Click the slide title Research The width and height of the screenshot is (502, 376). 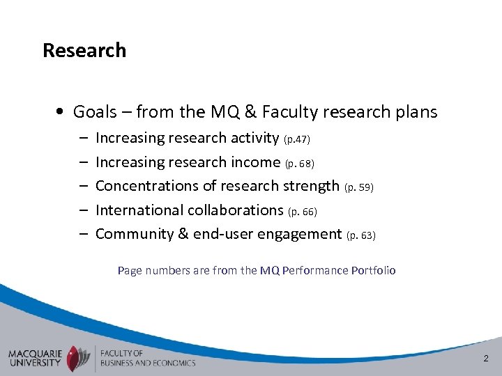[x=84, y=51]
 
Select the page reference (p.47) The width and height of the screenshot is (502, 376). [x=296, y=139]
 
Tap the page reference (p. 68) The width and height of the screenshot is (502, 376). [x=300, y=164]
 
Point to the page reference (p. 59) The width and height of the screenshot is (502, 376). [x=360, y=187]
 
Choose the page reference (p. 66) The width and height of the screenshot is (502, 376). [x=303, y=211]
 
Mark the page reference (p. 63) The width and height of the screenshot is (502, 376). [x=361, y=235]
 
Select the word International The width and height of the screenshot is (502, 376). [x=138, y=210]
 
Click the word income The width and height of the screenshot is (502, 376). [x=256, y=162]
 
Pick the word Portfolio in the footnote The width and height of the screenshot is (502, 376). [x=373, y=270]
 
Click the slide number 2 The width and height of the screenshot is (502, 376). [x=486, y=358]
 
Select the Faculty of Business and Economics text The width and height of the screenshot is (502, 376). [x=147, y=357]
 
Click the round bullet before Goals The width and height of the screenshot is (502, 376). [x=63, y=112]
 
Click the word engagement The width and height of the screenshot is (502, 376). [x=299, y=233]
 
